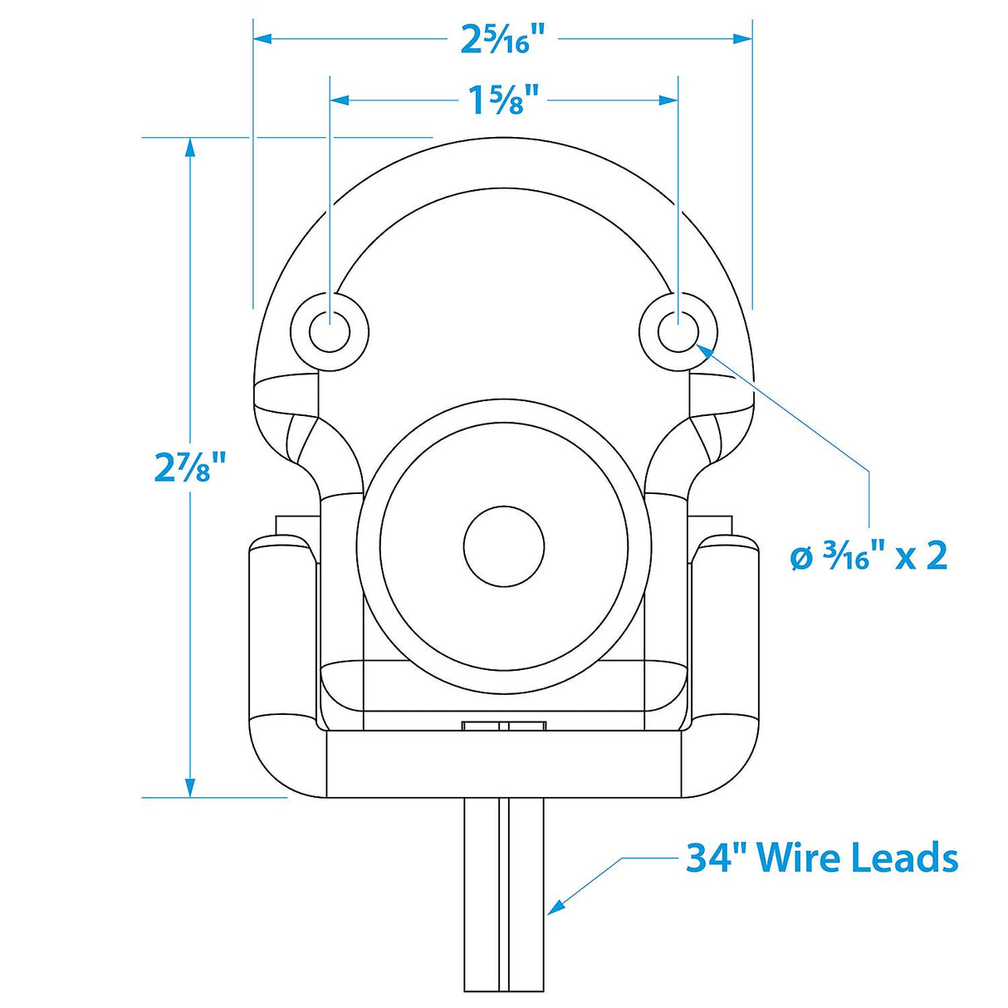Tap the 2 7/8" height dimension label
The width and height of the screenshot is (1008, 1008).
click(190, 467)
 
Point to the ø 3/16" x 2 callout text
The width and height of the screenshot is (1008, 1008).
click(869, 555)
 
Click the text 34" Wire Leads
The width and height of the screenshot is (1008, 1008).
click(821, 858)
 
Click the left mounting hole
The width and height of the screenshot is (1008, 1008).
click(330, 332)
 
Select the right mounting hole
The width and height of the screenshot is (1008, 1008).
click(678, 332)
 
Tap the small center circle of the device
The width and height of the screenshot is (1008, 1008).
click(503, 546)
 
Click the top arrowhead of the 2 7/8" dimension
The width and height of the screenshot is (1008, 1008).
click(190, 147)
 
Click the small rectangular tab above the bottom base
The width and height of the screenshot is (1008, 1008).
click(503, 726)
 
